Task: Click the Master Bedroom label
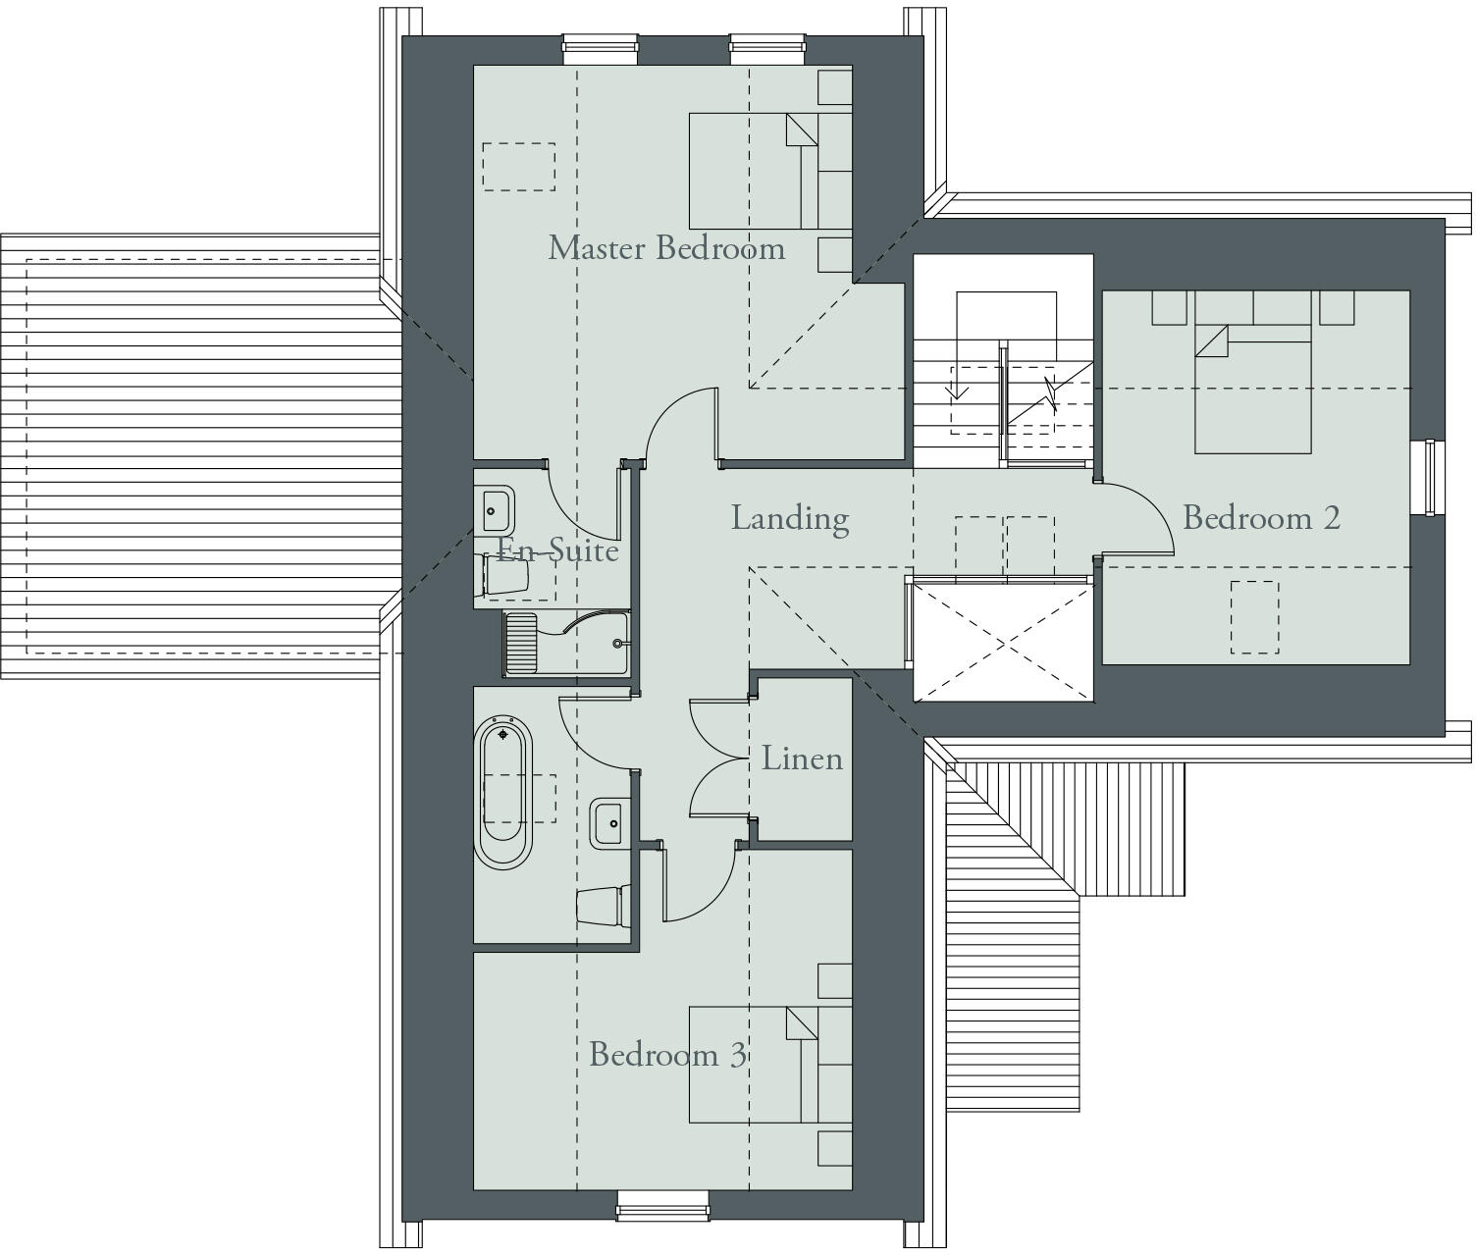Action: (x=666, y=247)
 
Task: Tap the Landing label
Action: (x=789, y=518)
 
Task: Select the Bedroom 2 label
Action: (x=1261, y=517)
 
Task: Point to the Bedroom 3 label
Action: (x=667, y=1055)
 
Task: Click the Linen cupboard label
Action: (x=802, y=759)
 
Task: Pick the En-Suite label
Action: (x=557, y=549)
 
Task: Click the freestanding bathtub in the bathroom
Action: (x=502, y=791)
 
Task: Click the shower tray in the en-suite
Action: (x=566, y=643)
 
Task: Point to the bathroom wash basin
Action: (x=606, y=823)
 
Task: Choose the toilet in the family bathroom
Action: (x=601, y=906)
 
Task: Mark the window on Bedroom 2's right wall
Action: (x=1428, y=477)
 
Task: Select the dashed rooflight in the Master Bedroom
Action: (x=518, y=167)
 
